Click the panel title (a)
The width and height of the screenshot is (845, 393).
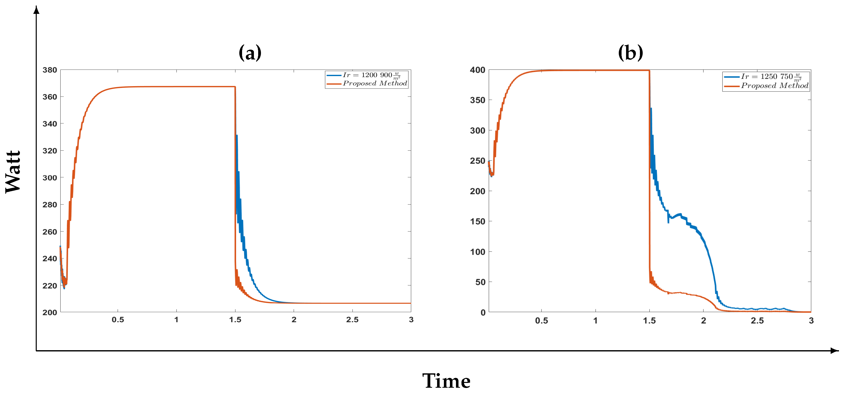250,53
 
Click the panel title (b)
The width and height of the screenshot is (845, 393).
630,53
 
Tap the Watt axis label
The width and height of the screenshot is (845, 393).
13,172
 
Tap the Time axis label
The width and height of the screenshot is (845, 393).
446,381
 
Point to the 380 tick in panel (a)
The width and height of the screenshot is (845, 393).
50,70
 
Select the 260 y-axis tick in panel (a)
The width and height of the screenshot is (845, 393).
50,232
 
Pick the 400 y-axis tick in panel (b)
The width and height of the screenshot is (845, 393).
477,70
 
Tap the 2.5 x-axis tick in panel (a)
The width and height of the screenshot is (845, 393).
352,320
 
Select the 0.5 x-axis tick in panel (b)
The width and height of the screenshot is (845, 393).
541,321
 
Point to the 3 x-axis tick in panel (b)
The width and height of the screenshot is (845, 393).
811,321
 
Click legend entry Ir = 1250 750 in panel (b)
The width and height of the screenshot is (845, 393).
771,77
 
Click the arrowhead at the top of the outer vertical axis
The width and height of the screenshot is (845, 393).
36,10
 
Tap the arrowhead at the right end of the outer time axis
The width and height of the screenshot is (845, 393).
835,351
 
